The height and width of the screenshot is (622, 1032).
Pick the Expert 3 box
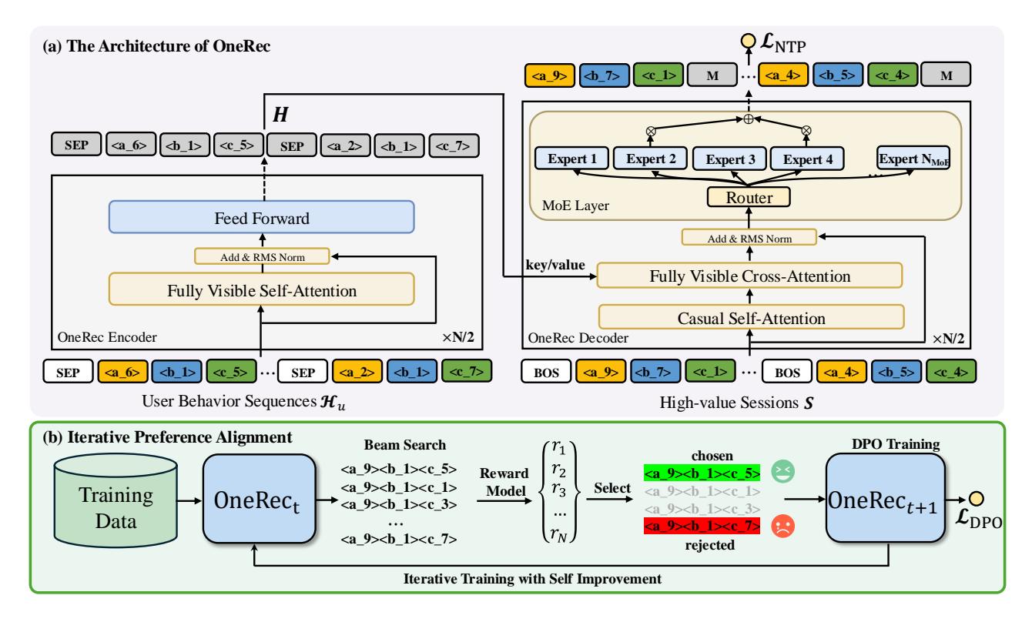click(731, 159)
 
